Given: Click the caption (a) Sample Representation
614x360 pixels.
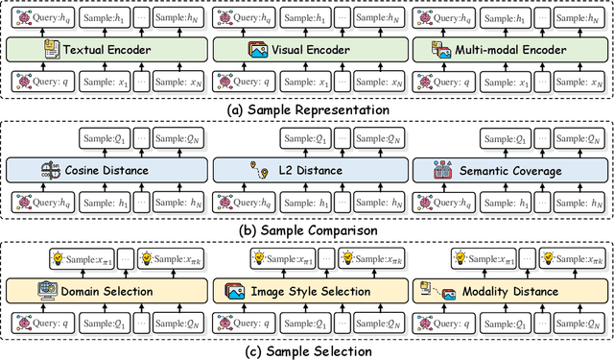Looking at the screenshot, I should click(307, 110).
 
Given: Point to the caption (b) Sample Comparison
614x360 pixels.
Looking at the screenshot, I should click(307, 230).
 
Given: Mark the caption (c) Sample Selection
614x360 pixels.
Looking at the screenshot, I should click(307, 350).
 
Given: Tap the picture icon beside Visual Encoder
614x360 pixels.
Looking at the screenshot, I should click(256, 49).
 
